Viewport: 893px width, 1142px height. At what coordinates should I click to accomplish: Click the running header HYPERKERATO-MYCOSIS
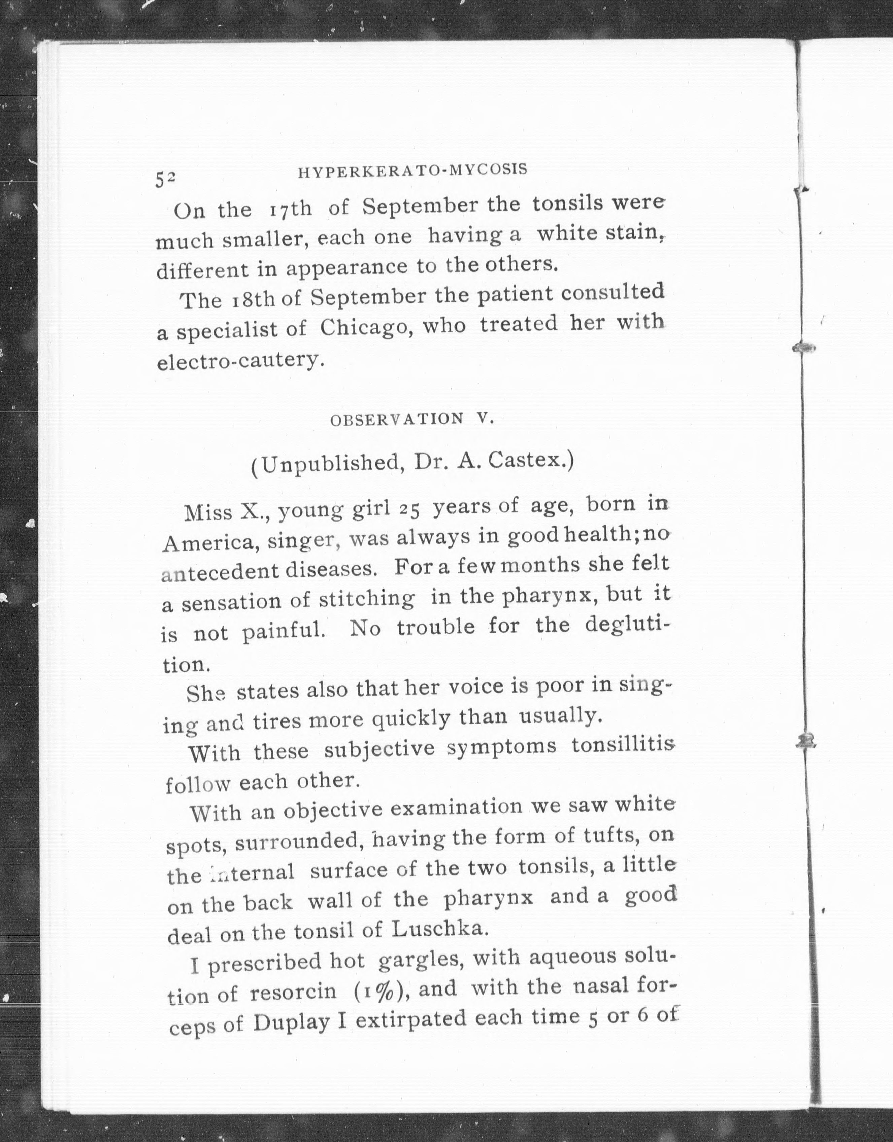[412, 171]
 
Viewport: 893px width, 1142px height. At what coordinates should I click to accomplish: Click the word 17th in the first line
[290, 209]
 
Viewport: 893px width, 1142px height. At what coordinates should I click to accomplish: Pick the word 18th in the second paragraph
[253, 300]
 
